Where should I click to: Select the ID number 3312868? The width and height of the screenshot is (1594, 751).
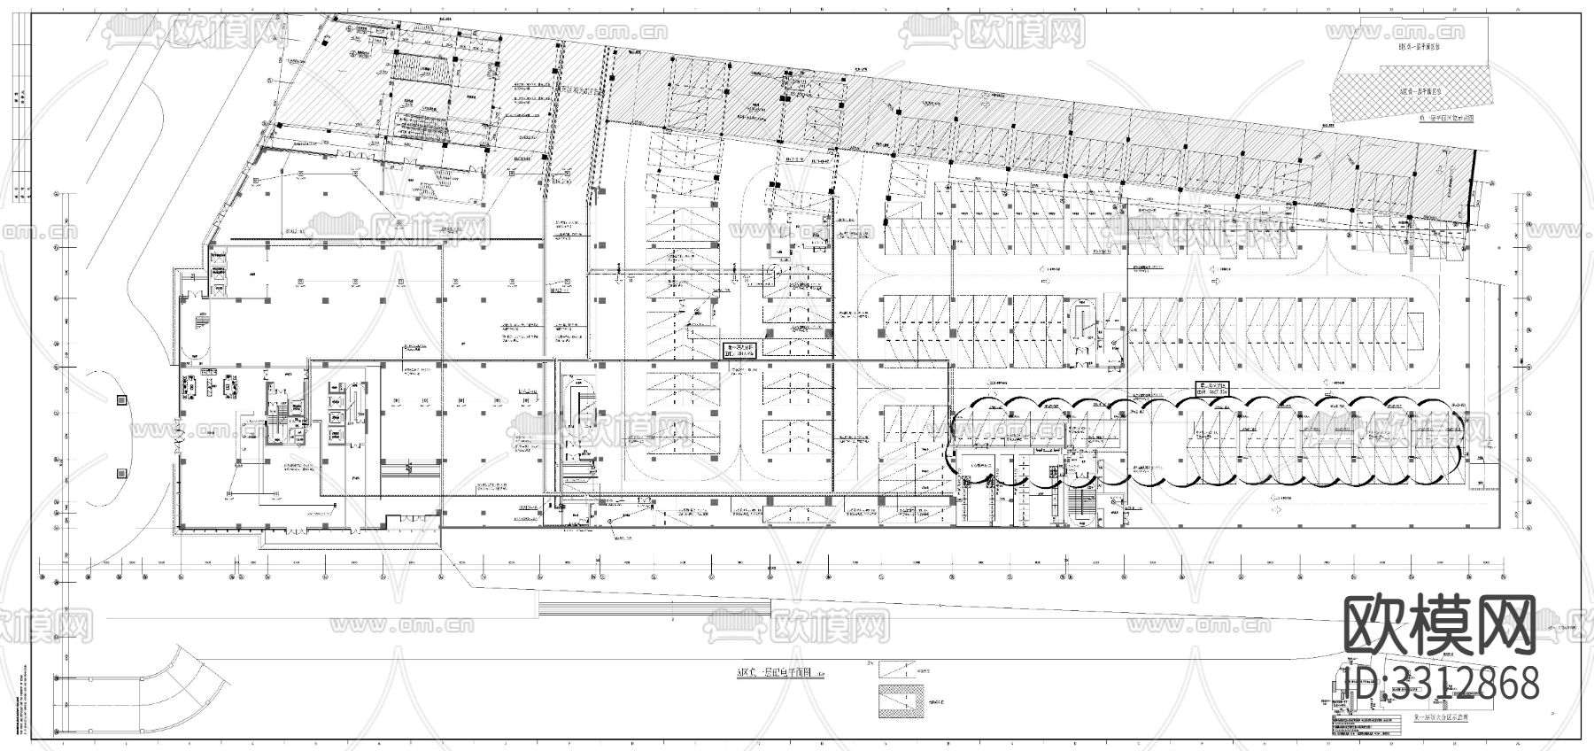(x=1440, y=684)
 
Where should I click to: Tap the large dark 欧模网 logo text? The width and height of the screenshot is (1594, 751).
(x=1440, y=623)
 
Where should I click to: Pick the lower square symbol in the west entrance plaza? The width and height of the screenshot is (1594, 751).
(x=120, y=472)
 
